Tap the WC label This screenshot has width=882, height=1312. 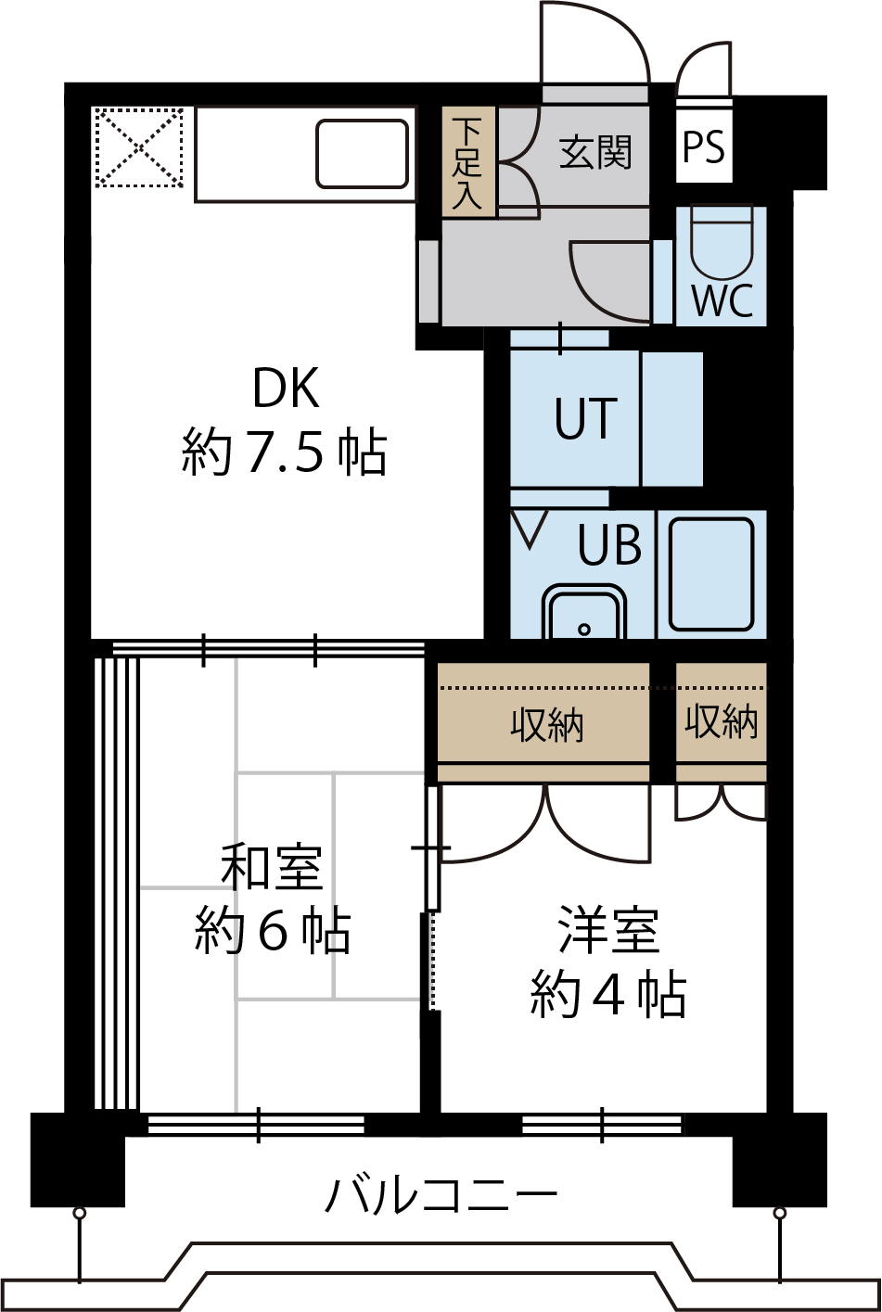(722, 300)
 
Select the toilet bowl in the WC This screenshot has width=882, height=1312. (722, 241)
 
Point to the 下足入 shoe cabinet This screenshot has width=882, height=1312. (468, 162)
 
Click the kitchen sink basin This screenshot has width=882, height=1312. (363, 154)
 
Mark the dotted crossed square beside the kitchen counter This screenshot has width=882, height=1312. (139, 147)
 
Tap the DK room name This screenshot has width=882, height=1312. (286, 388)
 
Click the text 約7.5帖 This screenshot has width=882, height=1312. (284, 452)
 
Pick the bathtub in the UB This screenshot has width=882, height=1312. (711, 574)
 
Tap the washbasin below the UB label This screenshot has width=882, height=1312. (583, 611)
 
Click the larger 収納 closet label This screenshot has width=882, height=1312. (547, 726)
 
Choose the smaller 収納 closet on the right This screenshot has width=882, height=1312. (722, 722)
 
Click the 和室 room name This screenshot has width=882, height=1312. (272, 868)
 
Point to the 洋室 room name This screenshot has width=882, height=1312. (609, 930)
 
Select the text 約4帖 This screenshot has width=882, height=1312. (608, 995)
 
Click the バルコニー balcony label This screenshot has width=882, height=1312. (441, 1196)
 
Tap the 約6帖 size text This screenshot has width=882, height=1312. (273, 931)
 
